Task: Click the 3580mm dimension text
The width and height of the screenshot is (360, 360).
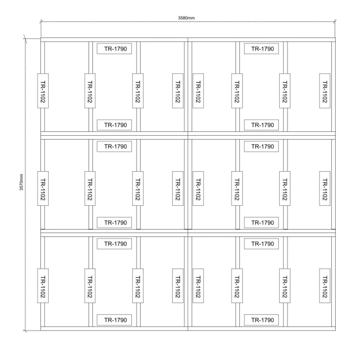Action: coord(186,18)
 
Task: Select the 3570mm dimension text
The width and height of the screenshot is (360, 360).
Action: coord(21,182)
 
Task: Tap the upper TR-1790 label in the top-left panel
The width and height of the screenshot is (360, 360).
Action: coord(114,49)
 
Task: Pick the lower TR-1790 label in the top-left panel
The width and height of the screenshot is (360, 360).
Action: coord(114,125)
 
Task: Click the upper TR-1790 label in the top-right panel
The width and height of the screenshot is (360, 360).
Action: coord(261,49)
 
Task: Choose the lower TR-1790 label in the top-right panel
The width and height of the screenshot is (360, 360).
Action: coord(261,125)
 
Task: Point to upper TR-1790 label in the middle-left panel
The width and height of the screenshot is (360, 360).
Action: coord(114,147)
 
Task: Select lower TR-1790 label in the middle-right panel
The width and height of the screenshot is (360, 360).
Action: coord(261,222)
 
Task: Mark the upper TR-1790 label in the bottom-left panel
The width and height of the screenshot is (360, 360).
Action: coord(114,244)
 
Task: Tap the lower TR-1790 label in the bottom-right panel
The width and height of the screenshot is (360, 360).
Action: coord(261,320)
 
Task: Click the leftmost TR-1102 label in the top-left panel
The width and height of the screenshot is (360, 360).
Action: coord(43,91)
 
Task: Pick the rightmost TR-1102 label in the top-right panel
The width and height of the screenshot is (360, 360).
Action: coord(325,91)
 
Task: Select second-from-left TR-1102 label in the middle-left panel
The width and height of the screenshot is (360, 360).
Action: coord(90,189)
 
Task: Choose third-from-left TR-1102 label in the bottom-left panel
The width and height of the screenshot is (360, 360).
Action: coord(138,286)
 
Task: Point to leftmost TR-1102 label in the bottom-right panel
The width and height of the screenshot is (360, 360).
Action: coord(198,286)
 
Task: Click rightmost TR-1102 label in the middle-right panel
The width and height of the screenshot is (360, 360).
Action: coord(325,189)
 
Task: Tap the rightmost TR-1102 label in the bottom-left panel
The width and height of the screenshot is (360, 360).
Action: coord(178,286)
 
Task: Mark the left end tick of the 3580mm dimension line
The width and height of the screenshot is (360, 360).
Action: coord(41,22)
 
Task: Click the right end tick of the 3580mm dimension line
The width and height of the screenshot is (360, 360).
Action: coord(335,22)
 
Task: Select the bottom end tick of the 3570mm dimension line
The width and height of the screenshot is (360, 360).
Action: coord(25,330)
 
